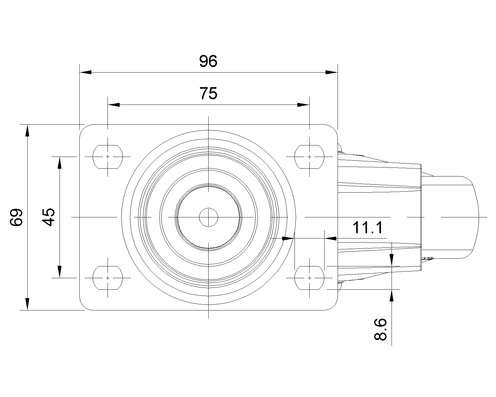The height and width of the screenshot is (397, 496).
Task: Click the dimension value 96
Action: tap(208, 61)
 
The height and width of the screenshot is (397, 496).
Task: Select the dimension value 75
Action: tap(208, 93)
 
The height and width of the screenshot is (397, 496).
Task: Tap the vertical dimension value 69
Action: tap(16, 217)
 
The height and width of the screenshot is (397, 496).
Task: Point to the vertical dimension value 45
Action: tap(48, 217)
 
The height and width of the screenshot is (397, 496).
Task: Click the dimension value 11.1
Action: tap(368, 227)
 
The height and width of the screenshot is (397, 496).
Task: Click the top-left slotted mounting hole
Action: tap(108, 157)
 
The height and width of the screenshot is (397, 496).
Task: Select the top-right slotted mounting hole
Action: tap(309, 157)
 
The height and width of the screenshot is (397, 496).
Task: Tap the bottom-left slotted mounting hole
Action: tap(108, 278)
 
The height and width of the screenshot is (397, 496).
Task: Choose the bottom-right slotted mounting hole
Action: tap(309, 278)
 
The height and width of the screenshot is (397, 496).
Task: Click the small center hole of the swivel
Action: tap(208, 217)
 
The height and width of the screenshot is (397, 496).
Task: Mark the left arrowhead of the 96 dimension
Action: tap(86, 72)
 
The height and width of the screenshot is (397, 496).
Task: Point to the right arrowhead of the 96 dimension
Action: tap(331, 72)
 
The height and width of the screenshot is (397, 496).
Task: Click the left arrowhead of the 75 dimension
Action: tap(114, 105)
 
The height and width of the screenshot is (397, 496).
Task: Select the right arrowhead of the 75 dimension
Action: tap(303, 105)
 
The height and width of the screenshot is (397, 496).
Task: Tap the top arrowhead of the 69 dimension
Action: tap(27, 131)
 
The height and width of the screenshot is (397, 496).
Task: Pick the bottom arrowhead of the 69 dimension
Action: tap(27, 304)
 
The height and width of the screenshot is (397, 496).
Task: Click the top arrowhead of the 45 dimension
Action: tap(60, 163)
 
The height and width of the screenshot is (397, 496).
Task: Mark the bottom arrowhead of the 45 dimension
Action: tap(60, 272)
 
